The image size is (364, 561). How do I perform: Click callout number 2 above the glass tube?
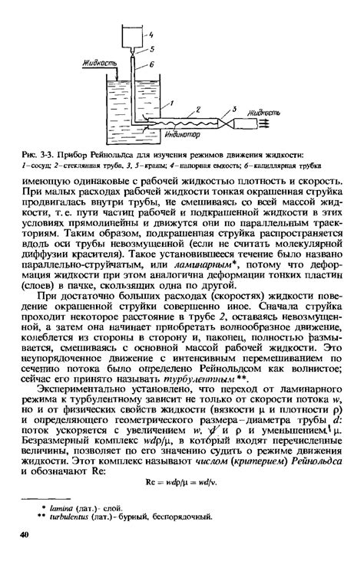coord(198,110)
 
